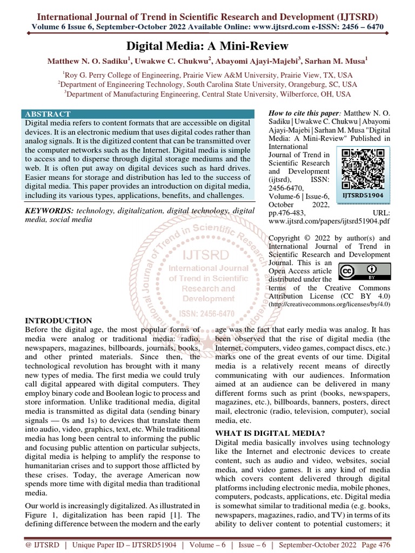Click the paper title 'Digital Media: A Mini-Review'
point(207,46)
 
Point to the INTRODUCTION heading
point(59,321)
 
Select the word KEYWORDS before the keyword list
point(50,210)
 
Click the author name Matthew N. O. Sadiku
point(89,62)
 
